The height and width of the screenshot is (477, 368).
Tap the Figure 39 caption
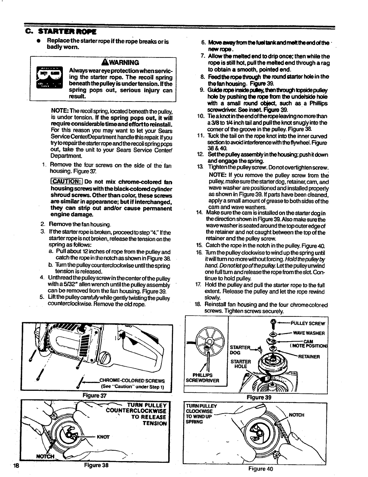pos(259,397)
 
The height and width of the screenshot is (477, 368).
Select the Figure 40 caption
pos(260,469)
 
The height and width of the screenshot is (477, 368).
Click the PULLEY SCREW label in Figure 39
pos(308,324)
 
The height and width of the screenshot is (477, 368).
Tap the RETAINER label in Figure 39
pos(308,357)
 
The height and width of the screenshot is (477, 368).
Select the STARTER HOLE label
pos(240,364)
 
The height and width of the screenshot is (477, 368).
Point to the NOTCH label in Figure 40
pos(296,415)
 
